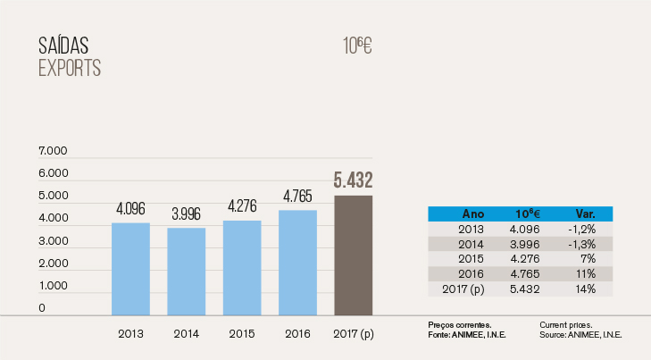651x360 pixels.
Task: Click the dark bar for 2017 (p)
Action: click(353, 255)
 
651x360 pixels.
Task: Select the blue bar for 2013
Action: click(130, 268)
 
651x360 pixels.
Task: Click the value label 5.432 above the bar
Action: click(353, 180)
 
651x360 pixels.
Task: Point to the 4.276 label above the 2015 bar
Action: click(242, 205)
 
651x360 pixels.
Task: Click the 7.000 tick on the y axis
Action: click(54, 151)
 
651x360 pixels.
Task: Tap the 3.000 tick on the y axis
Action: click(54, 241)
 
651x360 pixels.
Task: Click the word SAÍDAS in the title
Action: click(63, 46)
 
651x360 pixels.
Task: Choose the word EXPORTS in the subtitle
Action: click(70, 68)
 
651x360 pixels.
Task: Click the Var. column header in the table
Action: click(585, 214)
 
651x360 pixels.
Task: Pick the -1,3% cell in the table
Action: click(585, 244)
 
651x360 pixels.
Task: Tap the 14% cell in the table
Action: click(585, 289)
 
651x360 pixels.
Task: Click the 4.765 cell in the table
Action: click(530, 274)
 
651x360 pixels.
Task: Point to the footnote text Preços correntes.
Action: click(454, 324)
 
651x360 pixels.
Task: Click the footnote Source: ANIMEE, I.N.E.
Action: click(580, 333)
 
